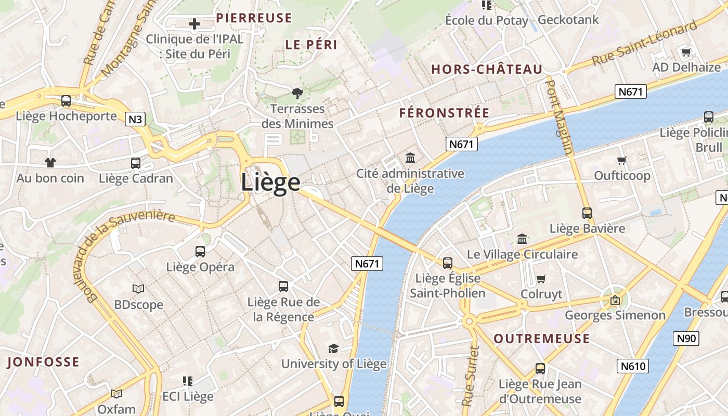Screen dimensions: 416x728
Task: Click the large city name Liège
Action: [270, 183]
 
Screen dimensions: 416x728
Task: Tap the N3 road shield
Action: [135, 120]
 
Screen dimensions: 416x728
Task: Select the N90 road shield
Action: [686, 339]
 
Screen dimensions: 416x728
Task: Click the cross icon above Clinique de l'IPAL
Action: [194, 24]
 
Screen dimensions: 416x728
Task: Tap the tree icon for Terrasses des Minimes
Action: [297, 94]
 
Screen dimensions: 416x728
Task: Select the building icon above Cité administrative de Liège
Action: [410, 158]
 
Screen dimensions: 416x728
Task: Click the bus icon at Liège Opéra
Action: [200, 252]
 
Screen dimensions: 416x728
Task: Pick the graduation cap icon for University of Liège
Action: [333, 348]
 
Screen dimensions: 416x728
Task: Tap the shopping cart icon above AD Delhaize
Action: [686, 52]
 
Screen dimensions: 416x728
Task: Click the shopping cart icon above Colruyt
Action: [541, 279]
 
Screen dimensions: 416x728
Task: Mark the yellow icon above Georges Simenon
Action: [615, 300]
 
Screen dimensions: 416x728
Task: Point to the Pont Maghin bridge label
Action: [560, 117]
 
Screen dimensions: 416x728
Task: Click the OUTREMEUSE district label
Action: [541, 339]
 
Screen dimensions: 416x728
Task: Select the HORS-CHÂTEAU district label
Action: [487, 69]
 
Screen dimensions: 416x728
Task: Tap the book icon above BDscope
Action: [138, 289]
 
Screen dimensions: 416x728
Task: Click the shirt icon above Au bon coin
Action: [50, 163]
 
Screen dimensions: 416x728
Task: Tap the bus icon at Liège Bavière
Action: [587, 213]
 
